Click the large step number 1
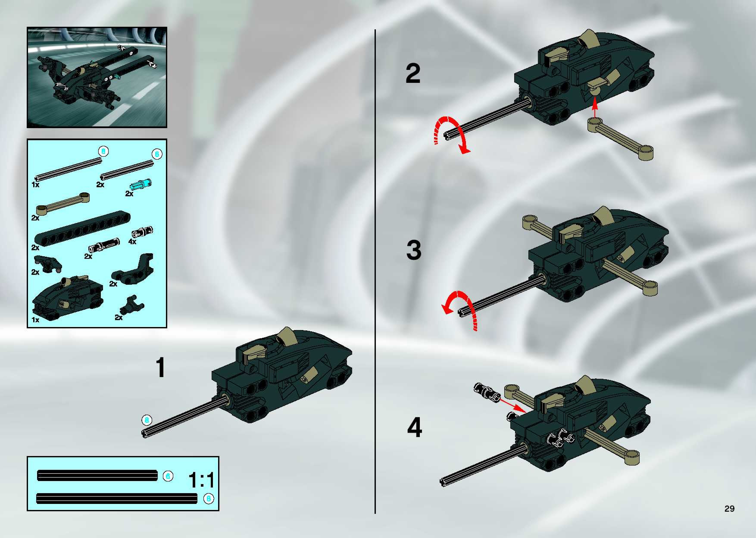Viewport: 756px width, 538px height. coord(161,367)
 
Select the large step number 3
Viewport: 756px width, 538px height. coord(414,250)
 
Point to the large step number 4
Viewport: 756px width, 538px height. coord(414,427)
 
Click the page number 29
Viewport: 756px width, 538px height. coord(729,508)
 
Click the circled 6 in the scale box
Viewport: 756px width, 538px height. coord(168,476)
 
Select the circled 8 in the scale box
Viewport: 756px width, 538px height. coord(209,498)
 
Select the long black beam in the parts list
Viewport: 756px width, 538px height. coord(82,228)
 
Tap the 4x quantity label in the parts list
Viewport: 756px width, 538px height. coord(132,242)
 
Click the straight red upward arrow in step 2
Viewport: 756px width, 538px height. coord(595,109)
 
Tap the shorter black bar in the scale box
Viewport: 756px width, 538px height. coord(98,476)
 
